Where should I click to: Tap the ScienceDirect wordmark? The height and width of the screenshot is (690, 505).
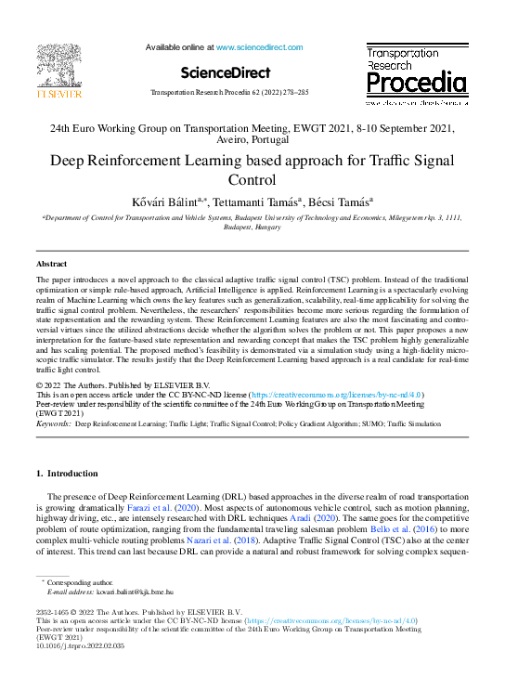(226, 72)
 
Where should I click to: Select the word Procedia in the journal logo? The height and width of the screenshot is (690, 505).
(417, 85)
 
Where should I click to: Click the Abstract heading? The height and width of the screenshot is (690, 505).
(51, 264)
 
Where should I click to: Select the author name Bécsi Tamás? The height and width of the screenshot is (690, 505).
(342, 202)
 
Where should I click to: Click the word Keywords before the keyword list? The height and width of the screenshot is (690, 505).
(53, 423)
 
